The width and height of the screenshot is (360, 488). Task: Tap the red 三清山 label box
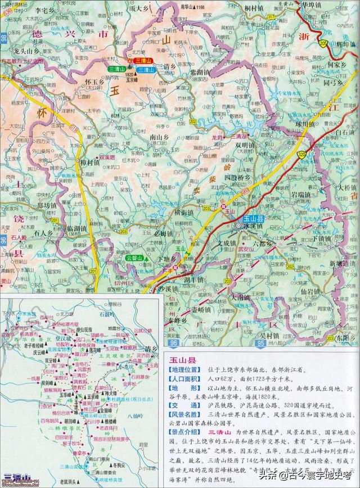point(141,61)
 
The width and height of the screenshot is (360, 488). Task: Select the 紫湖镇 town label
point(199,73)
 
